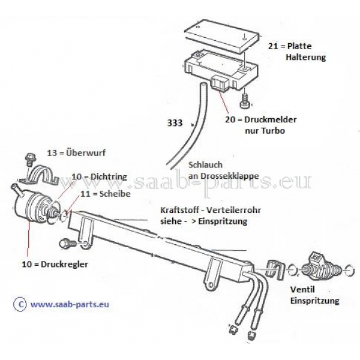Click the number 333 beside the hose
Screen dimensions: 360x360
coord(175,123)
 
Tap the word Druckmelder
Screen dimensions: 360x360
coord(270,119)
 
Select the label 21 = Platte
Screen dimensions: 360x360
coord(290,46)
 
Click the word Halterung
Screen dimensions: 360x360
coord(305,57)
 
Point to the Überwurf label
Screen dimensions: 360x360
coord(76,153)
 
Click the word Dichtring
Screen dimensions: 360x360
coord(109,177)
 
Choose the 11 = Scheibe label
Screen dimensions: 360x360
coord(106,194)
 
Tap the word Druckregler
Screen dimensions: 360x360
coord(64,264)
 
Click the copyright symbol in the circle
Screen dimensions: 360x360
coord(20,304)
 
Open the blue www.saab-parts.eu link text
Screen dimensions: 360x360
coord(70,305)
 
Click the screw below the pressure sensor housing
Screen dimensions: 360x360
coord(245,101)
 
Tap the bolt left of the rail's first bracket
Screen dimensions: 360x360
coord(67,244)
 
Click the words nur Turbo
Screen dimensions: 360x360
coord(265,131)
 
